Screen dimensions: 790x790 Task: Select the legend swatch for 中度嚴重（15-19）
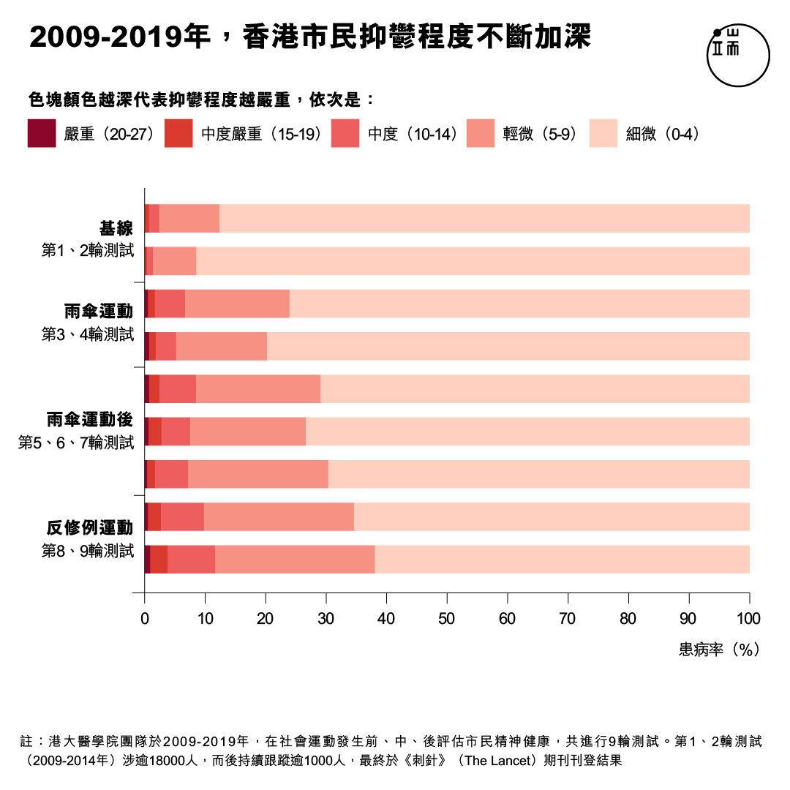point(178,134)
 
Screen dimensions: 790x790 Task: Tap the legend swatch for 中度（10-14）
point(345,134)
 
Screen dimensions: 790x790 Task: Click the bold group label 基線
point(116,228)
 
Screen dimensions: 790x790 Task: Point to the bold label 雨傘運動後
point(89,420)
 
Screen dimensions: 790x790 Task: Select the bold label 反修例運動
point(90,528)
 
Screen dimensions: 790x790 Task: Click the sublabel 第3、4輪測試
point(88,335)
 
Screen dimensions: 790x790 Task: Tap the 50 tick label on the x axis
point(447,619)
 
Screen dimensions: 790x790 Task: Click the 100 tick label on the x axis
point(748,619)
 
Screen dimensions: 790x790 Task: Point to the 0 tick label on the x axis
point(145,619)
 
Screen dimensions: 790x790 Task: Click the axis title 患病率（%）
point(720,649)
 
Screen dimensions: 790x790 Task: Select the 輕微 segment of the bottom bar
point(295,560)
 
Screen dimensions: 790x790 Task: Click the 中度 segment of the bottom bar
point(191,560)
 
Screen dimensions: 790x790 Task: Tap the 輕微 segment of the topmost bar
point(189,219)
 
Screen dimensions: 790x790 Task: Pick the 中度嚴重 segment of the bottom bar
point(159,560)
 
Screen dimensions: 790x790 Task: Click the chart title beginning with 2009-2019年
point(310,37)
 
